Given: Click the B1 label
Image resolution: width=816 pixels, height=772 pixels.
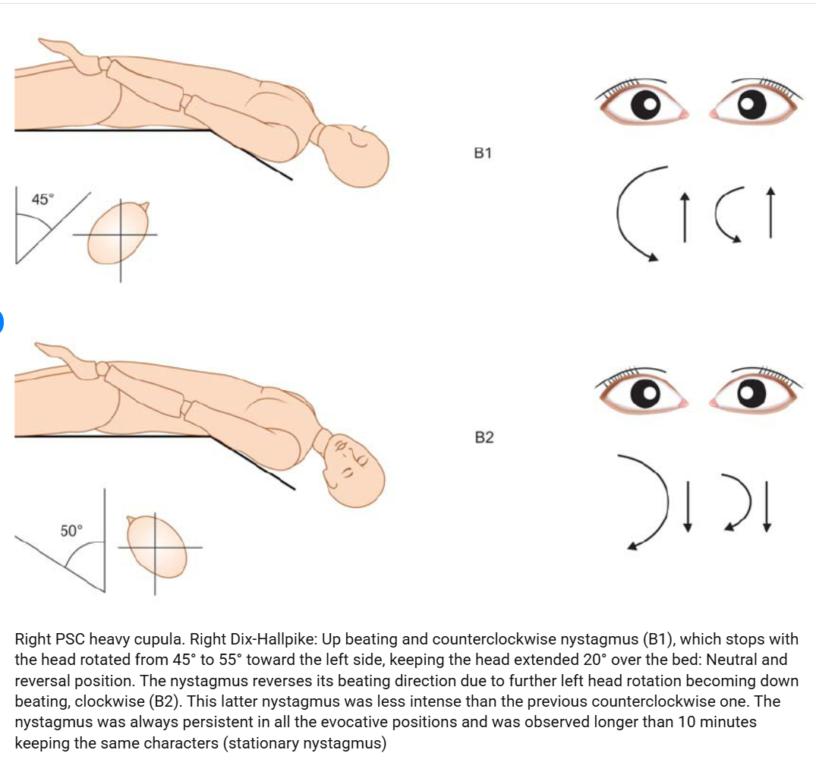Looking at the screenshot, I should click(483, 153).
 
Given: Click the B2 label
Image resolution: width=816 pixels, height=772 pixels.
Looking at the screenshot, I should click(484, 437).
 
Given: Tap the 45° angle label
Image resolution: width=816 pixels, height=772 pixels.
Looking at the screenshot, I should click(43, 200).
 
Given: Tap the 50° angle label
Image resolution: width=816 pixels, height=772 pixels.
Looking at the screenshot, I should click(72, 531).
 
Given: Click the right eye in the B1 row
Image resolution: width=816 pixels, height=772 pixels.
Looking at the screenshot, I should click(754, 103).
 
